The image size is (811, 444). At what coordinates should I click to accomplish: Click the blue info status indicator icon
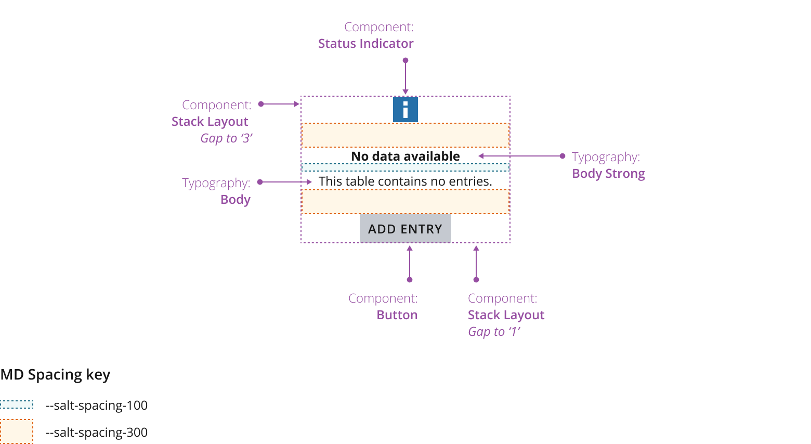[x=406, y=110]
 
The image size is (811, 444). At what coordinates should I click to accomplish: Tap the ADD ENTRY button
[x=406, y=229]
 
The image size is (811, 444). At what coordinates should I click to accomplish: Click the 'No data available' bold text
[x=406, y=156]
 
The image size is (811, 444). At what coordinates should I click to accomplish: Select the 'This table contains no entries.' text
[x=405, y=181]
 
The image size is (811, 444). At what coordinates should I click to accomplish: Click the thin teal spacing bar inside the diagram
[x=406, y=167]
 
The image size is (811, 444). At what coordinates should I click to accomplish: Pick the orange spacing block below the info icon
[x=406, y=135]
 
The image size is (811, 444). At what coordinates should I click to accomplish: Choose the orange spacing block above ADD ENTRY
[x=406, y=202]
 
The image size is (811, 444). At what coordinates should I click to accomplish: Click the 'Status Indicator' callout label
[x=365, y=44]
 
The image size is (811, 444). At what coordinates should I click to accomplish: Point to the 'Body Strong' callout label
[x=608, y=174]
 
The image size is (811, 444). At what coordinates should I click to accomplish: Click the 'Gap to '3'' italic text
[x=226, y=138]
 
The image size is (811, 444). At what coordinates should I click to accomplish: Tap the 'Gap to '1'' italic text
[x=494, y=332]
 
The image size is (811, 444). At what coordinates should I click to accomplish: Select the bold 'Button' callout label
[x=397, y=315]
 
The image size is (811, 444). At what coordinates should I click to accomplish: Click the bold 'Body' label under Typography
[x=236, y=200]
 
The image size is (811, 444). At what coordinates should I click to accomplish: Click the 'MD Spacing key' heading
[x=55, y=375]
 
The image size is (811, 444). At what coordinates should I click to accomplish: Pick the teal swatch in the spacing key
[x=17, y=404]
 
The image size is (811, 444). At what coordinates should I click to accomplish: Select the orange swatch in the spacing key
[x=17, y=432]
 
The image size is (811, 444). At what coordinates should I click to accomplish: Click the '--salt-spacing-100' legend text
[x=97, y=406]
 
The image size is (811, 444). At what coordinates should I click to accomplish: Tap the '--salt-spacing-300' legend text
[x=97, y=433]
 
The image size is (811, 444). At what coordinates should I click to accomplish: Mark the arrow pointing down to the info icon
[x=406, y=77]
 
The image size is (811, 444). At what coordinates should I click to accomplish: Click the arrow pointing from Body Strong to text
[x=520, y=156]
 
